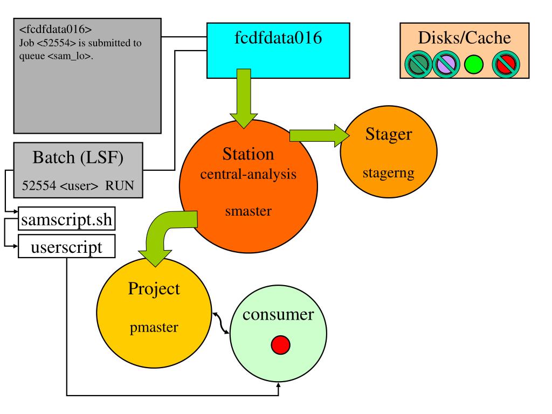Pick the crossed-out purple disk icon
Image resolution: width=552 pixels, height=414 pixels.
[446, 65]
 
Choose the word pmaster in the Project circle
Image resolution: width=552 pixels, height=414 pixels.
[154, 327]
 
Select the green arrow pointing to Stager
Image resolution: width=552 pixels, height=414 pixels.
[318, 135]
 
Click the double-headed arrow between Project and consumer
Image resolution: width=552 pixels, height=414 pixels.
[220, 322]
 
